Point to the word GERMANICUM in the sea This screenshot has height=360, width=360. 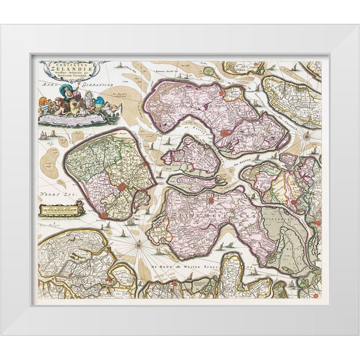coord(84,85)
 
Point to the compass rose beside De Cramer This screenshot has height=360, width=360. coord(307,136)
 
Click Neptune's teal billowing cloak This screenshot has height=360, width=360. coord(66,89)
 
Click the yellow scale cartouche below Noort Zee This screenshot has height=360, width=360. coord(59,210)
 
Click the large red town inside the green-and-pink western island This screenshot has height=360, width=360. coord(122,187)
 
